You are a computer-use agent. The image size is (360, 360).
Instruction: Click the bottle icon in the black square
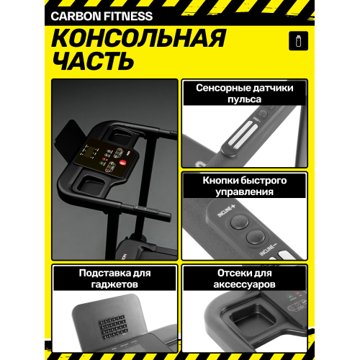(294, 40)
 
